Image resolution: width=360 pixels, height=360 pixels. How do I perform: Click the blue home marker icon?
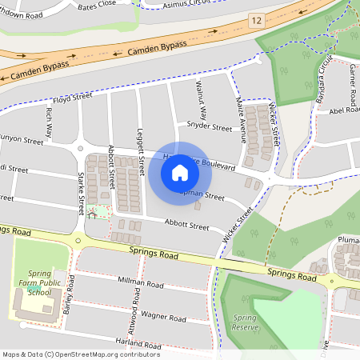pos(180,172)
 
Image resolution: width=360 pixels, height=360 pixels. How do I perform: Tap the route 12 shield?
pos(256,18)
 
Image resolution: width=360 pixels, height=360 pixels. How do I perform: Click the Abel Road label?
pos(344,110)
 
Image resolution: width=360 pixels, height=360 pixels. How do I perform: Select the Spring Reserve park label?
pos(245,322)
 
